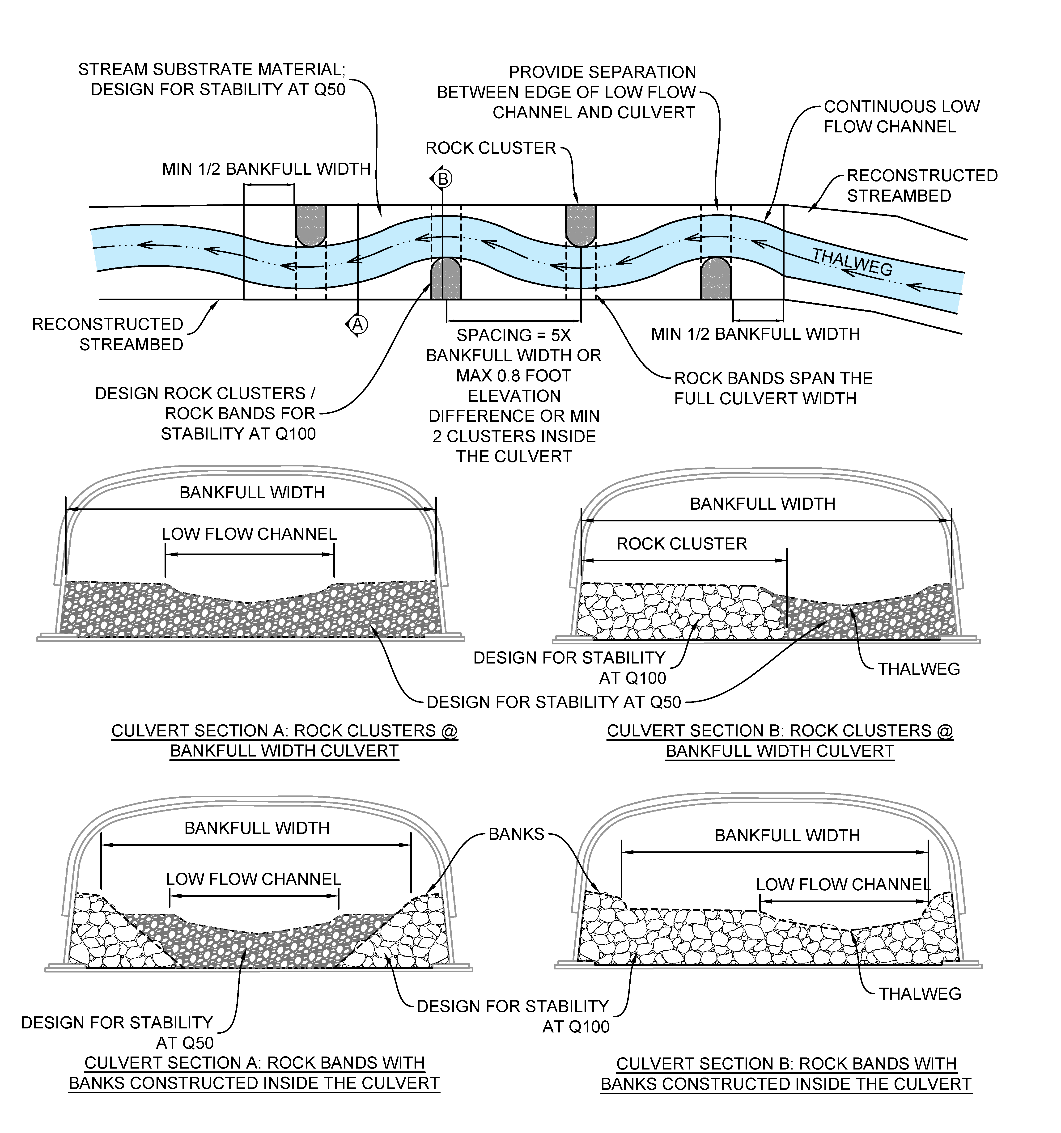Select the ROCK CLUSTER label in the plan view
(x=490, y=148)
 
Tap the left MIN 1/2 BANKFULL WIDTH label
(x=266, y=169)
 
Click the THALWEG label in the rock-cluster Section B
(x=918, y=669)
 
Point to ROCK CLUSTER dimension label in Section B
(x=682, y=544)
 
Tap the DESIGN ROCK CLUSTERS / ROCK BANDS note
(x=205, y=414)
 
